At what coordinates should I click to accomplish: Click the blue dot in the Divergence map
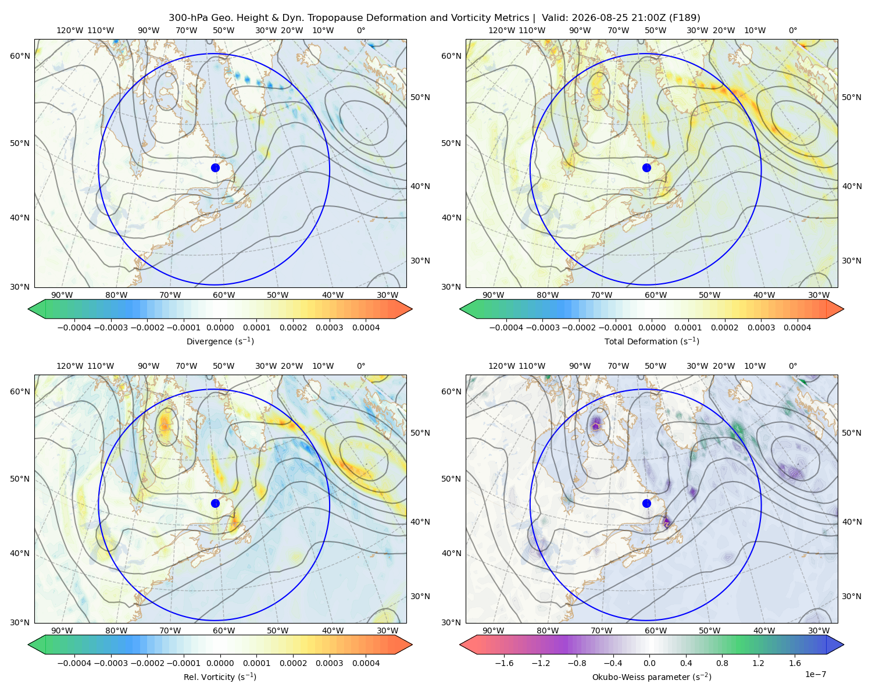point(215,168)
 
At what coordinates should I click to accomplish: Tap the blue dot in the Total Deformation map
point(646,168)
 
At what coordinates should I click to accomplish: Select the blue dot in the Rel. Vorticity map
point(215,503)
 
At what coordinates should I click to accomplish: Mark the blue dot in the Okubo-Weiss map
point(646,503)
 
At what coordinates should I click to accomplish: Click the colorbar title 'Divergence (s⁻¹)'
point(220,341)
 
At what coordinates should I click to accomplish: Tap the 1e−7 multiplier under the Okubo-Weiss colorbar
point(815,674)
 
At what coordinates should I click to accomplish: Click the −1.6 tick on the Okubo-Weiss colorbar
point(504,663)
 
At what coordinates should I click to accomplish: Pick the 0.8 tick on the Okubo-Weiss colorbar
point(722,663)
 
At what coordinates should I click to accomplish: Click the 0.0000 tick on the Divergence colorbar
point(220,327)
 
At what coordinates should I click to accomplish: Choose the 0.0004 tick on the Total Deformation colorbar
point(797,327)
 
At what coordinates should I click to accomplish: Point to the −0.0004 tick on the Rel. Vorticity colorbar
point(74,663)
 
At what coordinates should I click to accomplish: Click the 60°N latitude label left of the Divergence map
point(20,56)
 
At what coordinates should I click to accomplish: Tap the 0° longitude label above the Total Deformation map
point(792,30)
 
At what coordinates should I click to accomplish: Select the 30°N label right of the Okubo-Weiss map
point(851,596)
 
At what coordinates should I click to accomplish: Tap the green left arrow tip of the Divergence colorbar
point(28,309)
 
